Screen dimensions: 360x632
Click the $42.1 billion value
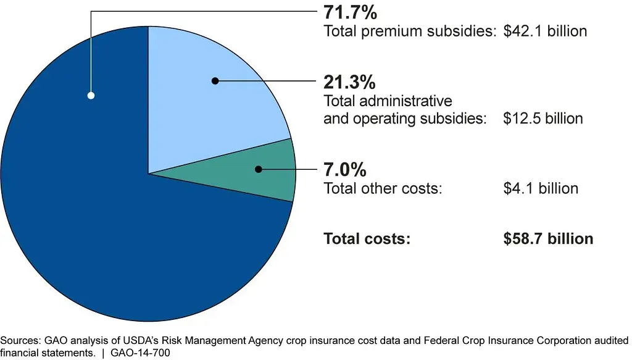(x=544, y=31)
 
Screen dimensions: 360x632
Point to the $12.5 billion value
(x=543, y=118)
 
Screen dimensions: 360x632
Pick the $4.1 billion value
(x=541, y=188)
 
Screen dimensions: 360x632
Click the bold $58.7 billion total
(x=548, y=238)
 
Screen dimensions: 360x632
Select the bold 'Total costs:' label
(x=367, y=238)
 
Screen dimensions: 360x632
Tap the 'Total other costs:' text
(x=383, y=188)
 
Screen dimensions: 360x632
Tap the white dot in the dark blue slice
(x=91, y=96)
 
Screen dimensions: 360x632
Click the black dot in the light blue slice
(x=215, y=81)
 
